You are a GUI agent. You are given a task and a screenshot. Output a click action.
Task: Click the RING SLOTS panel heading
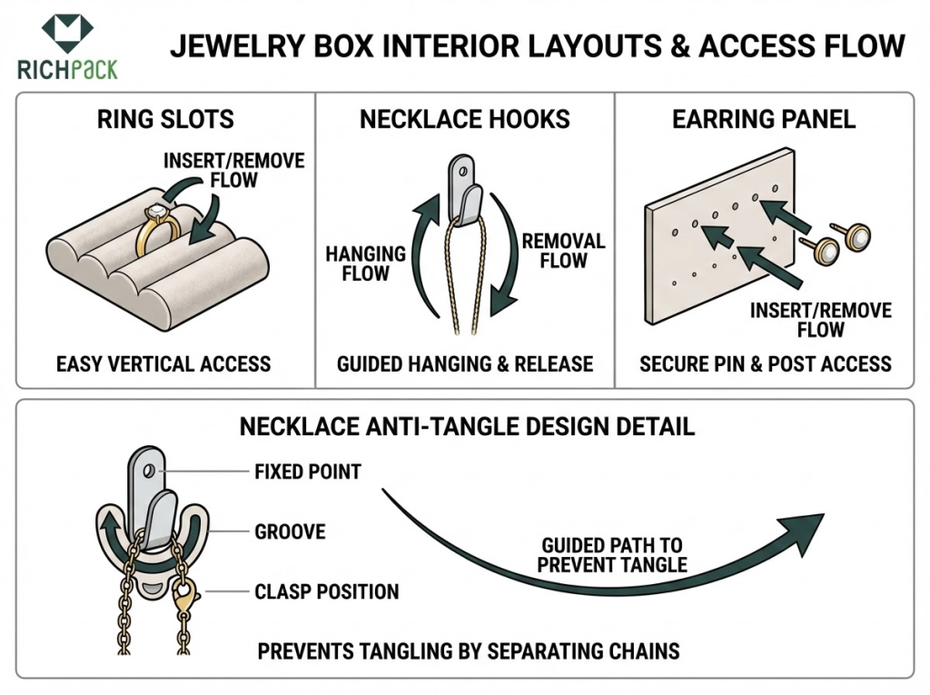[165, 119]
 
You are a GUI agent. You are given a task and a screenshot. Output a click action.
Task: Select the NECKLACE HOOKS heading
[464, 119]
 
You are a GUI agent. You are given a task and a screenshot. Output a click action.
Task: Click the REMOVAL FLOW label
[563, 252]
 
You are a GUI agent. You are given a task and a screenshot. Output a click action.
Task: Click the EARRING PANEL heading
[764, 119]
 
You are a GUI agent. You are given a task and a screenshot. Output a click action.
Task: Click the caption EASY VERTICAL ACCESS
[163, 364]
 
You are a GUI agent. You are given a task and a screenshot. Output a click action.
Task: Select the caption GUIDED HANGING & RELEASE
[464, 364]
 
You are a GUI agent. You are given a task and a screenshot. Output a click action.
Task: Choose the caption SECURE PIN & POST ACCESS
[765, 364]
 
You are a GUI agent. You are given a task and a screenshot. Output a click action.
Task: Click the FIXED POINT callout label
[308, 472]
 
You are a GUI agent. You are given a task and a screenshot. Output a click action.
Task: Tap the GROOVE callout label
[289, 531]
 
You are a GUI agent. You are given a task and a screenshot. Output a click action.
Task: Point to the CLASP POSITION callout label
[327, 591]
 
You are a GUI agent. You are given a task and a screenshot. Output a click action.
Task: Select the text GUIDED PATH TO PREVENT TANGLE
[611, 555]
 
